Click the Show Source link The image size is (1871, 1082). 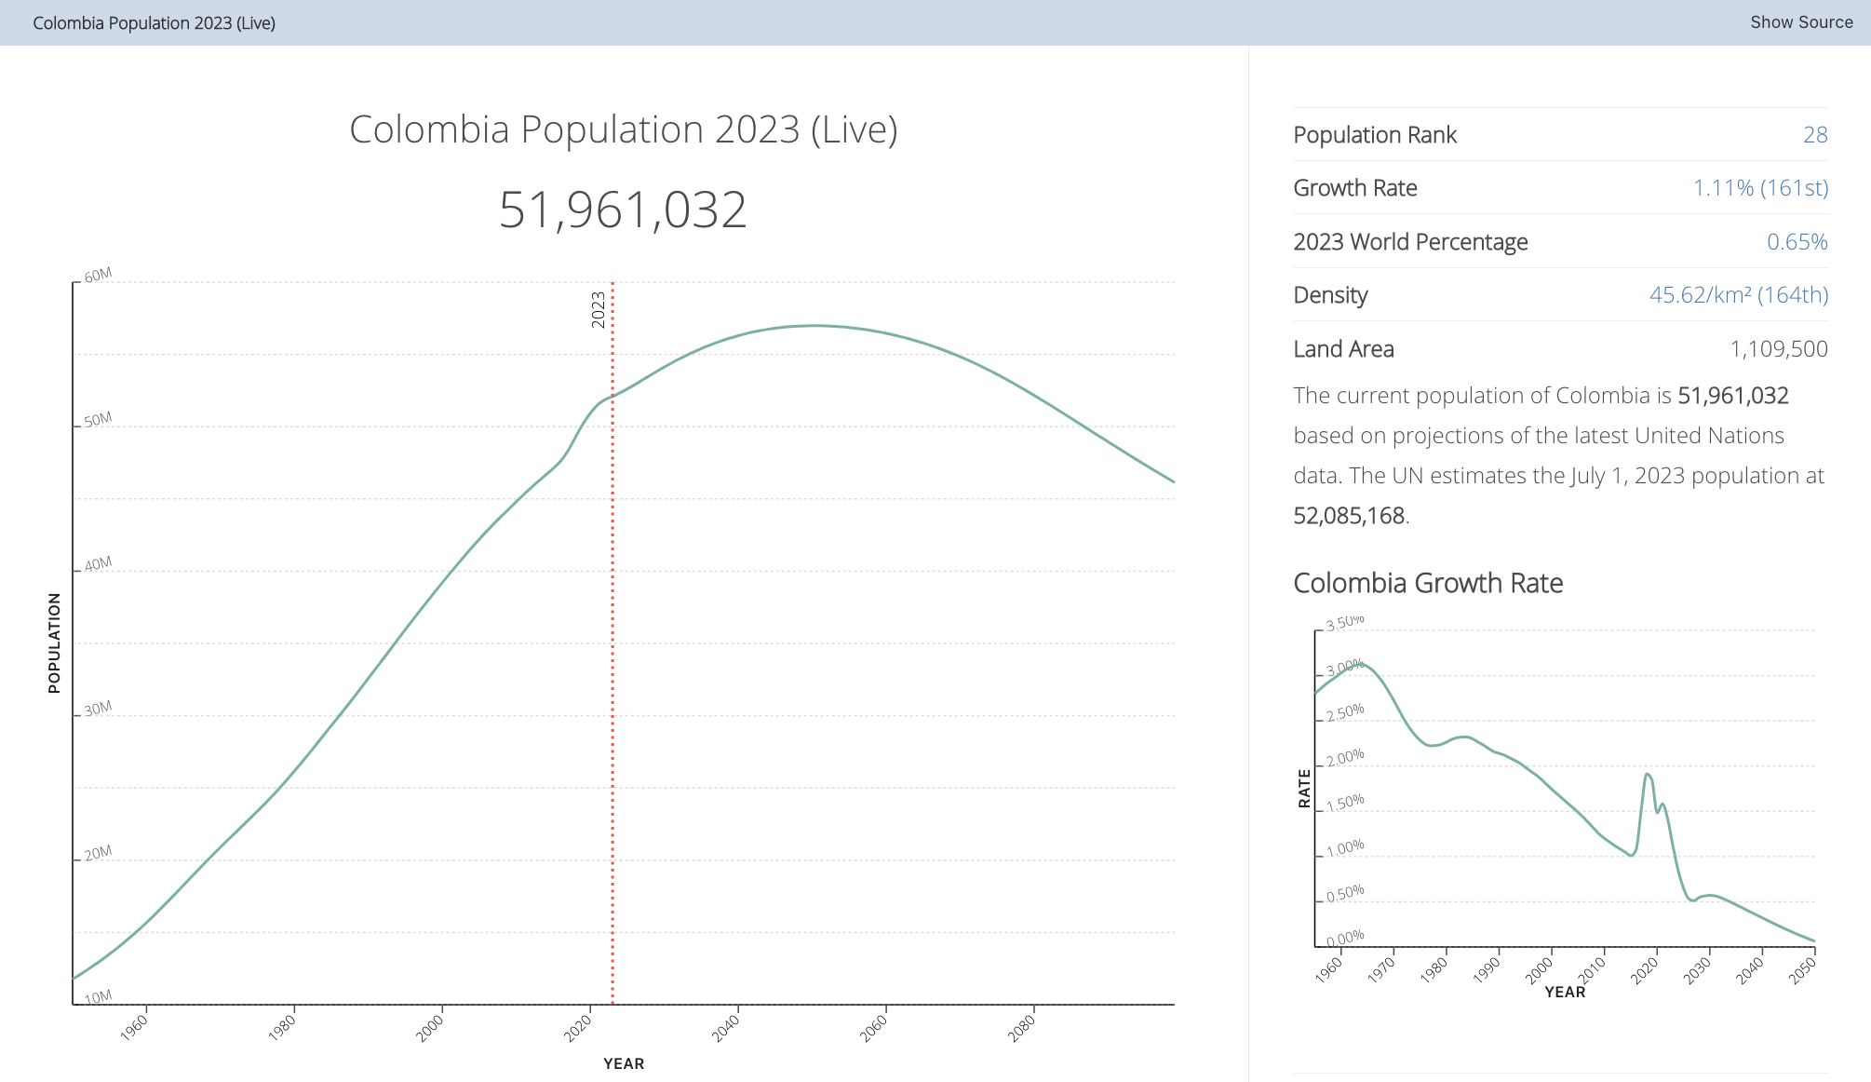(x=1801, y=22)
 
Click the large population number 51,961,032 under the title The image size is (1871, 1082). (x=623, y=210)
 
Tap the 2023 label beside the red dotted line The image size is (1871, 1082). (x=599, y=309)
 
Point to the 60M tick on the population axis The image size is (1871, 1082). (x=98, y=275)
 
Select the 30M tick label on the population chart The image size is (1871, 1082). (x=98, y=709)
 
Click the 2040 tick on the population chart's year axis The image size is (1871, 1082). (x=727, y=1027)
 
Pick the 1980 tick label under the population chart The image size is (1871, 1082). (x=283, y=1027)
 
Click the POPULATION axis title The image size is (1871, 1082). (x=54, y=642)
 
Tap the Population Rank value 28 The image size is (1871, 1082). (x=1815, y=135)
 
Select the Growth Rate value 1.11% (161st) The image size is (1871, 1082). (x=1760, y=188)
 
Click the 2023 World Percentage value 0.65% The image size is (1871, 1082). (x=1797, y=242)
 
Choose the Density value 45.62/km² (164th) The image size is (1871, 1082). (x=1739, y=295)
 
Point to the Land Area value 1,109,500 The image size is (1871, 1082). (x=1779, y=349)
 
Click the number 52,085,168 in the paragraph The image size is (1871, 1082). (x=1349, y=516)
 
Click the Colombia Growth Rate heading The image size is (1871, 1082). (x=1428, y=583)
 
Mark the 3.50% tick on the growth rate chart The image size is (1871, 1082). (x=1345, y=623)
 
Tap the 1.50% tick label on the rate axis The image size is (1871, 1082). (x=1345, y=803)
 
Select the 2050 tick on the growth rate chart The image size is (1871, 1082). (x=1803, y=970)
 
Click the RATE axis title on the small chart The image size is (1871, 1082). (x=1304, y=788)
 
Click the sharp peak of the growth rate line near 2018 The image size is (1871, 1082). (x=1647, y=774)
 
